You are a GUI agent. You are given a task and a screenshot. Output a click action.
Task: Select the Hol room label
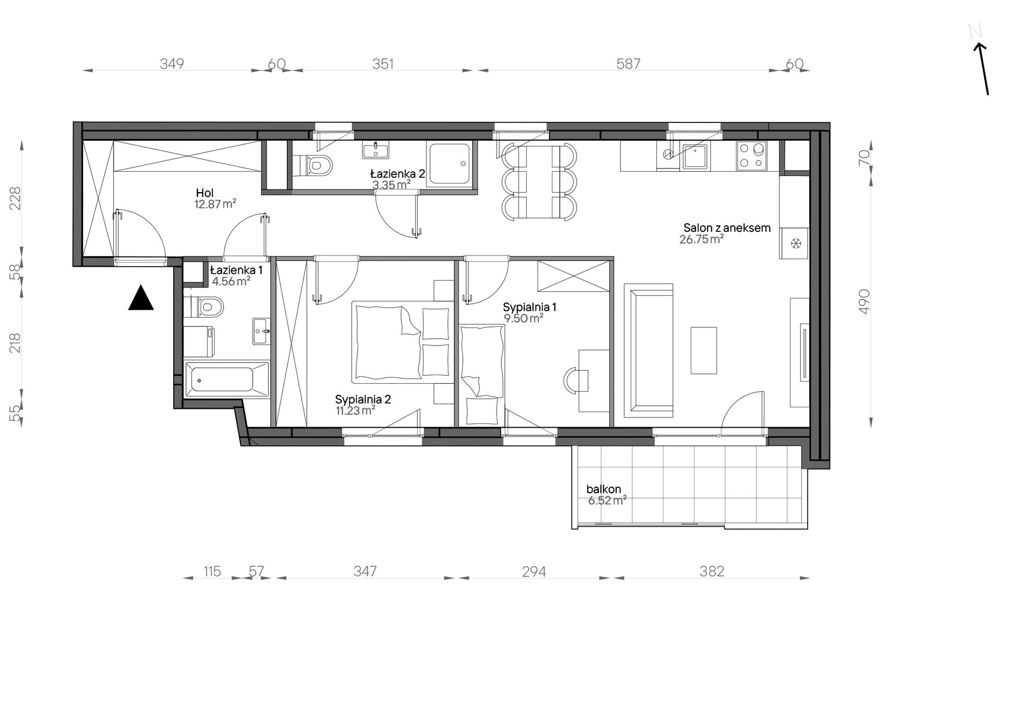pos(205,193)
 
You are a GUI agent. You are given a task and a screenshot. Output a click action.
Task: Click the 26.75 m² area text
pos(702,239)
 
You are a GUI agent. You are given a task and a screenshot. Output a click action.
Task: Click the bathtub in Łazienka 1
pos(226,380)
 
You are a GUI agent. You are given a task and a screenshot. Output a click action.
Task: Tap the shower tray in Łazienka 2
pos(449,165)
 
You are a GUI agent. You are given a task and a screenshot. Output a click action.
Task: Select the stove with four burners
pos(751,156)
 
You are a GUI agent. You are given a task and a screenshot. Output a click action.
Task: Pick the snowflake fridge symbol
pos(796,244)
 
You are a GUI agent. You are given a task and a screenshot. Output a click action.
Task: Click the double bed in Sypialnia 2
pos(402,342)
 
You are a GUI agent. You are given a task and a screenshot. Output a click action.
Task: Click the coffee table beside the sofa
pos(704,350)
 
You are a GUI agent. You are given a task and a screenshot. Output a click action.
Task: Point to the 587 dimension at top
pos(628,64)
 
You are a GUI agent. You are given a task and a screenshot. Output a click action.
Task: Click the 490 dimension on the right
pos(864,302)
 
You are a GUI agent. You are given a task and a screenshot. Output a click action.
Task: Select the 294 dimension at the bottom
pos(534,572)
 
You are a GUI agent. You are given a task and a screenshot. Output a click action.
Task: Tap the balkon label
pos(604,489)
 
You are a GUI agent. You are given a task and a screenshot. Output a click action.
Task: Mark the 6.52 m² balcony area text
pos(608,501)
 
